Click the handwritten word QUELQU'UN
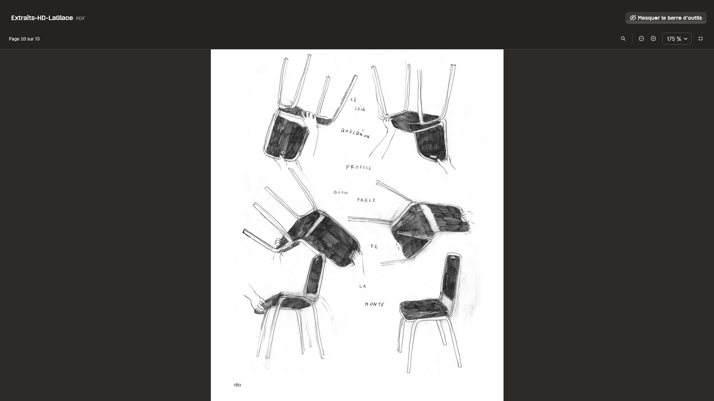click(355, 133)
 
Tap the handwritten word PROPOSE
click(359, 167)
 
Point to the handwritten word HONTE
click(374, 304)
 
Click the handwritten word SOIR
click(360, 109)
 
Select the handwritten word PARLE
click(367, 200)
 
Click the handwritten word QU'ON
click(341, 192)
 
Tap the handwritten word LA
click(363, 286)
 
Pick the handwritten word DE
click(374, 246)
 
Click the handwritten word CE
click(354, 100)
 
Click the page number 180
click(237, 385)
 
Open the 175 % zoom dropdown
click(677, 39)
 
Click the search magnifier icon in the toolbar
click(623, 39)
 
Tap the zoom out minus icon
click(641, 39)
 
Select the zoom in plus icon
click(653, 39)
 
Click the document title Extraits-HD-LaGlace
click(42, 18)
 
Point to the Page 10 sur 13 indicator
click(24, 39)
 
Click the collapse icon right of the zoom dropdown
click(701, 39)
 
